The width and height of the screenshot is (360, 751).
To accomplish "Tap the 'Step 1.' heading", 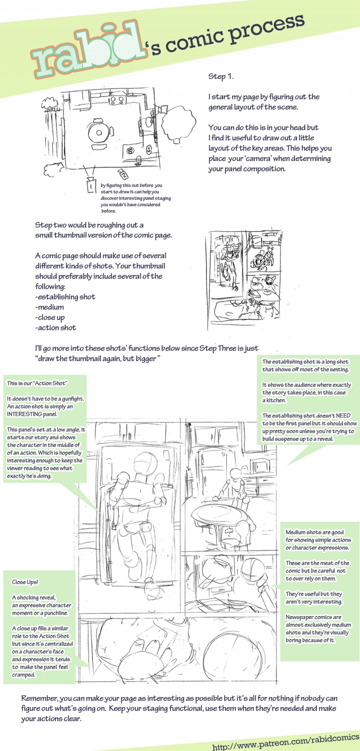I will tap(221, 77).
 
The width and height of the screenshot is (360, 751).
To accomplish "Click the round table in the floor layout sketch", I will tap(98, 133).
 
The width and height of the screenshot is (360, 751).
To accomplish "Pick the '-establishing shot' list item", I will tap(66, 297).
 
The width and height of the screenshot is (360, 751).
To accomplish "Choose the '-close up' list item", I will tap(50, 317).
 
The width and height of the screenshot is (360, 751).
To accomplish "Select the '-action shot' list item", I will tap(56, 328).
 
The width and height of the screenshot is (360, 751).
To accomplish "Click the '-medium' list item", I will tap(50, 307).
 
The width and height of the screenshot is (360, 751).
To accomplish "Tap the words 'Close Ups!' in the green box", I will tap(25, 582).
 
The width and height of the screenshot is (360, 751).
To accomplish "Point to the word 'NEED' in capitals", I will tap(343, 416).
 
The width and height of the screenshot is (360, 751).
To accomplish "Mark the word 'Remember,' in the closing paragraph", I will tap(39, 698).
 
